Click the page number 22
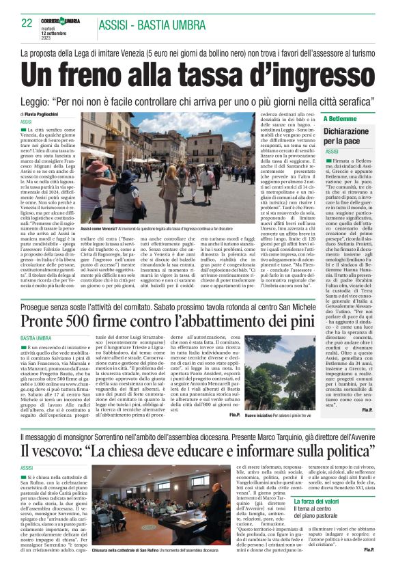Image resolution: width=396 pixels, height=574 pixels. tap(27, 23)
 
